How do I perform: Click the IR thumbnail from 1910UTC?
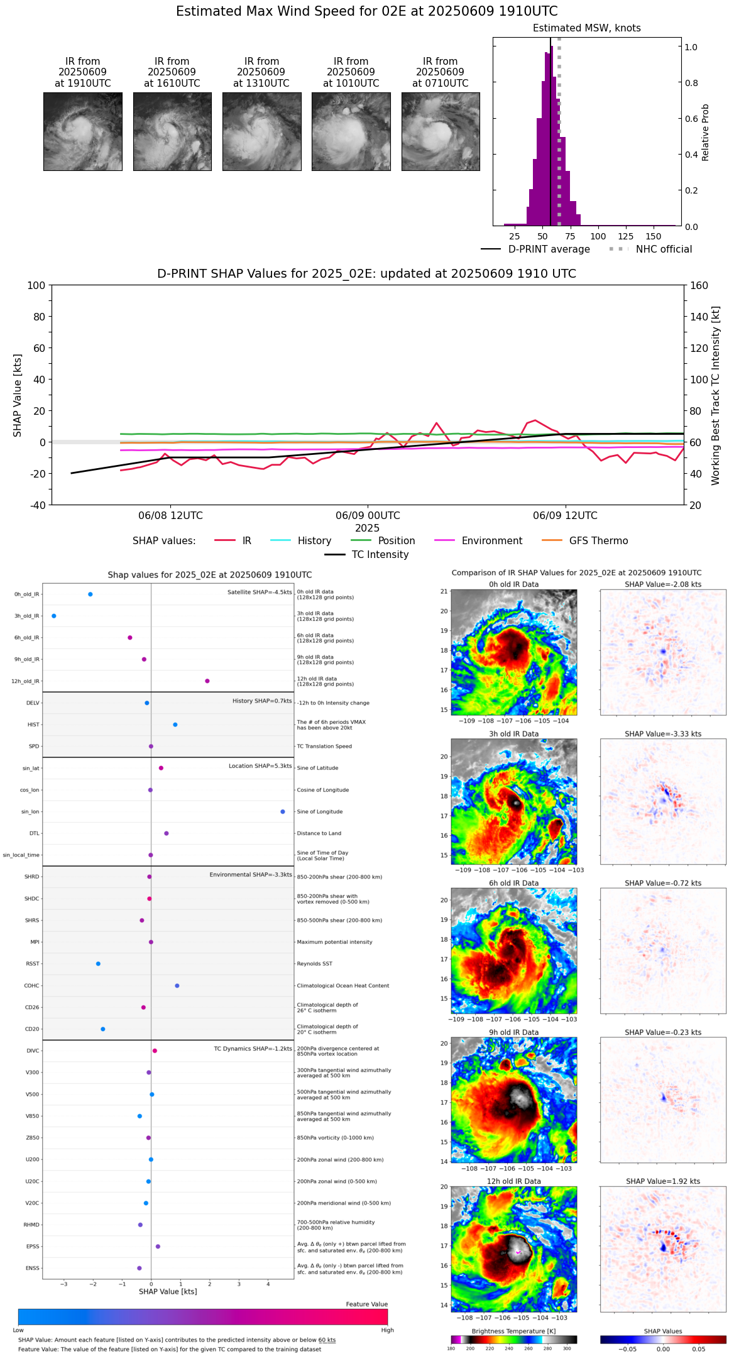[x=83, y=131]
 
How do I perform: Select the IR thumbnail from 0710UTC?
[x=441, y=131]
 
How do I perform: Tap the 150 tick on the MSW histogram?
[x=654, y=236]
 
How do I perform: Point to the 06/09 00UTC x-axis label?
[x=368, y=516]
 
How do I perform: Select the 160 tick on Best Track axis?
[x=699, y=285]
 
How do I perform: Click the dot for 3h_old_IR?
[x=54, y=616]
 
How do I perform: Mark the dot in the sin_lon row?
[x=283, y=812]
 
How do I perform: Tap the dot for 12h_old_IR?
[x=207, y=681]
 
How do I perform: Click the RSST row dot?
[x=98, y=964]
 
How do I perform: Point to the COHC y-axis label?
[x=32, y=986]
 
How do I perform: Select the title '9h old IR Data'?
[x=513, y=1032]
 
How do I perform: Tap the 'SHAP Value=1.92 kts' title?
[x=663, y=1181]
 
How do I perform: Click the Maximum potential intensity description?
[x=334, y=943]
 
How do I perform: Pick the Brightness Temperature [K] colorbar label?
[x=513, y=1331]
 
